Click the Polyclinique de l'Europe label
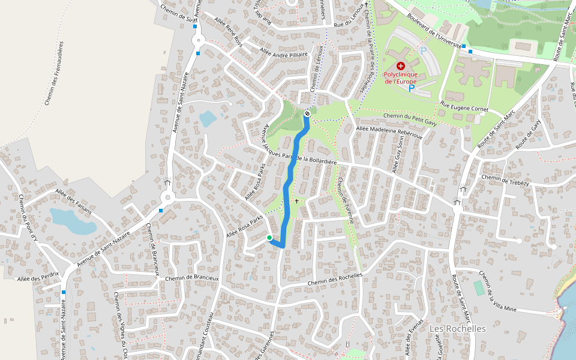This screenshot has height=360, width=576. tap(401, 78)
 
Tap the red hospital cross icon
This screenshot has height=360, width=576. tap(401, 65)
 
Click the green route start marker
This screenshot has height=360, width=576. tap(269, 238)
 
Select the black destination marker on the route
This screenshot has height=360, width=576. tap(307, 113)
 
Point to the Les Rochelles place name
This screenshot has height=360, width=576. tap(458, 329)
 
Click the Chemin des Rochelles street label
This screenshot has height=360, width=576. tap(335, 279)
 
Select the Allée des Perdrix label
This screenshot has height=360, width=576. tap(38, 279)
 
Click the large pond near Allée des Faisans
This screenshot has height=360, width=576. tap(72, 221)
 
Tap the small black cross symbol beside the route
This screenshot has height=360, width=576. tap(296, 201)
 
